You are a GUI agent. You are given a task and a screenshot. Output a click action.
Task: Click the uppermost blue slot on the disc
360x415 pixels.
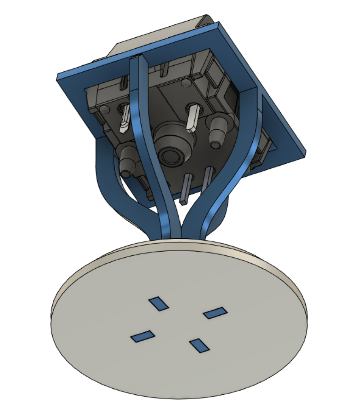(x=158, y=304)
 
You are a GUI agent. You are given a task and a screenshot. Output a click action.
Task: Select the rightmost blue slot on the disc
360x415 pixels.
(x=215, y=312)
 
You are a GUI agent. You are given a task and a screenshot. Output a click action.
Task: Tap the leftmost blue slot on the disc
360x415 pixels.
(x=142, y=336)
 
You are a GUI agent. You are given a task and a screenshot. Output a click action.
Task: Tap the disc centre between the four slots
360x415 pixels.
(x=178, y=324)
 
